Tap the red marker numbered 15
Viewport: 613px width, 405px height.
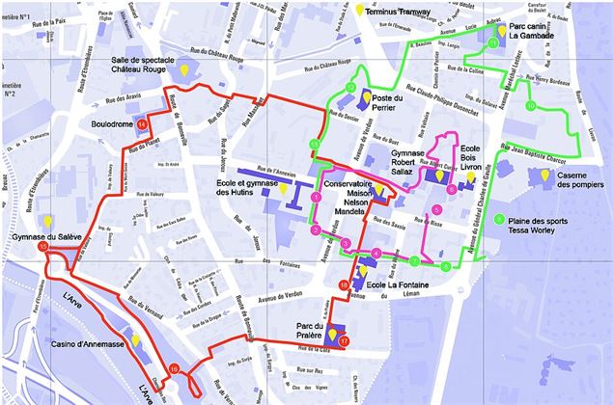point(42,248)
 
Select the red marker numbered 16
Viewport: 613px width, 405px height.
point(174,368)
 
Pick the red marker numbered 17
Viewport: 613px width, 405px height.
point(345,340)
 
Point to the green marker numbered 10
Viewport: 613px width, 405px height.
point(531,105)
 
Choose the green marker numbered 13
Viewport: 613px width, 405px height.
point(314,144)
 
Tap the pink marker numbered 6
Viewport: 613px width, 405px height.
point(452,188)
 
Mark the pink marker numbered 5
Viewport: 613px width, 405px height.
point(436,209)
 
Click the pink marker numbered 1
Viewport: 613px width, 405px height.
point(316,197)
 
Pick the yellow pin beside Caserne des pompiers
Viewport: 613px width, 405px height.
point(544,175)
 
